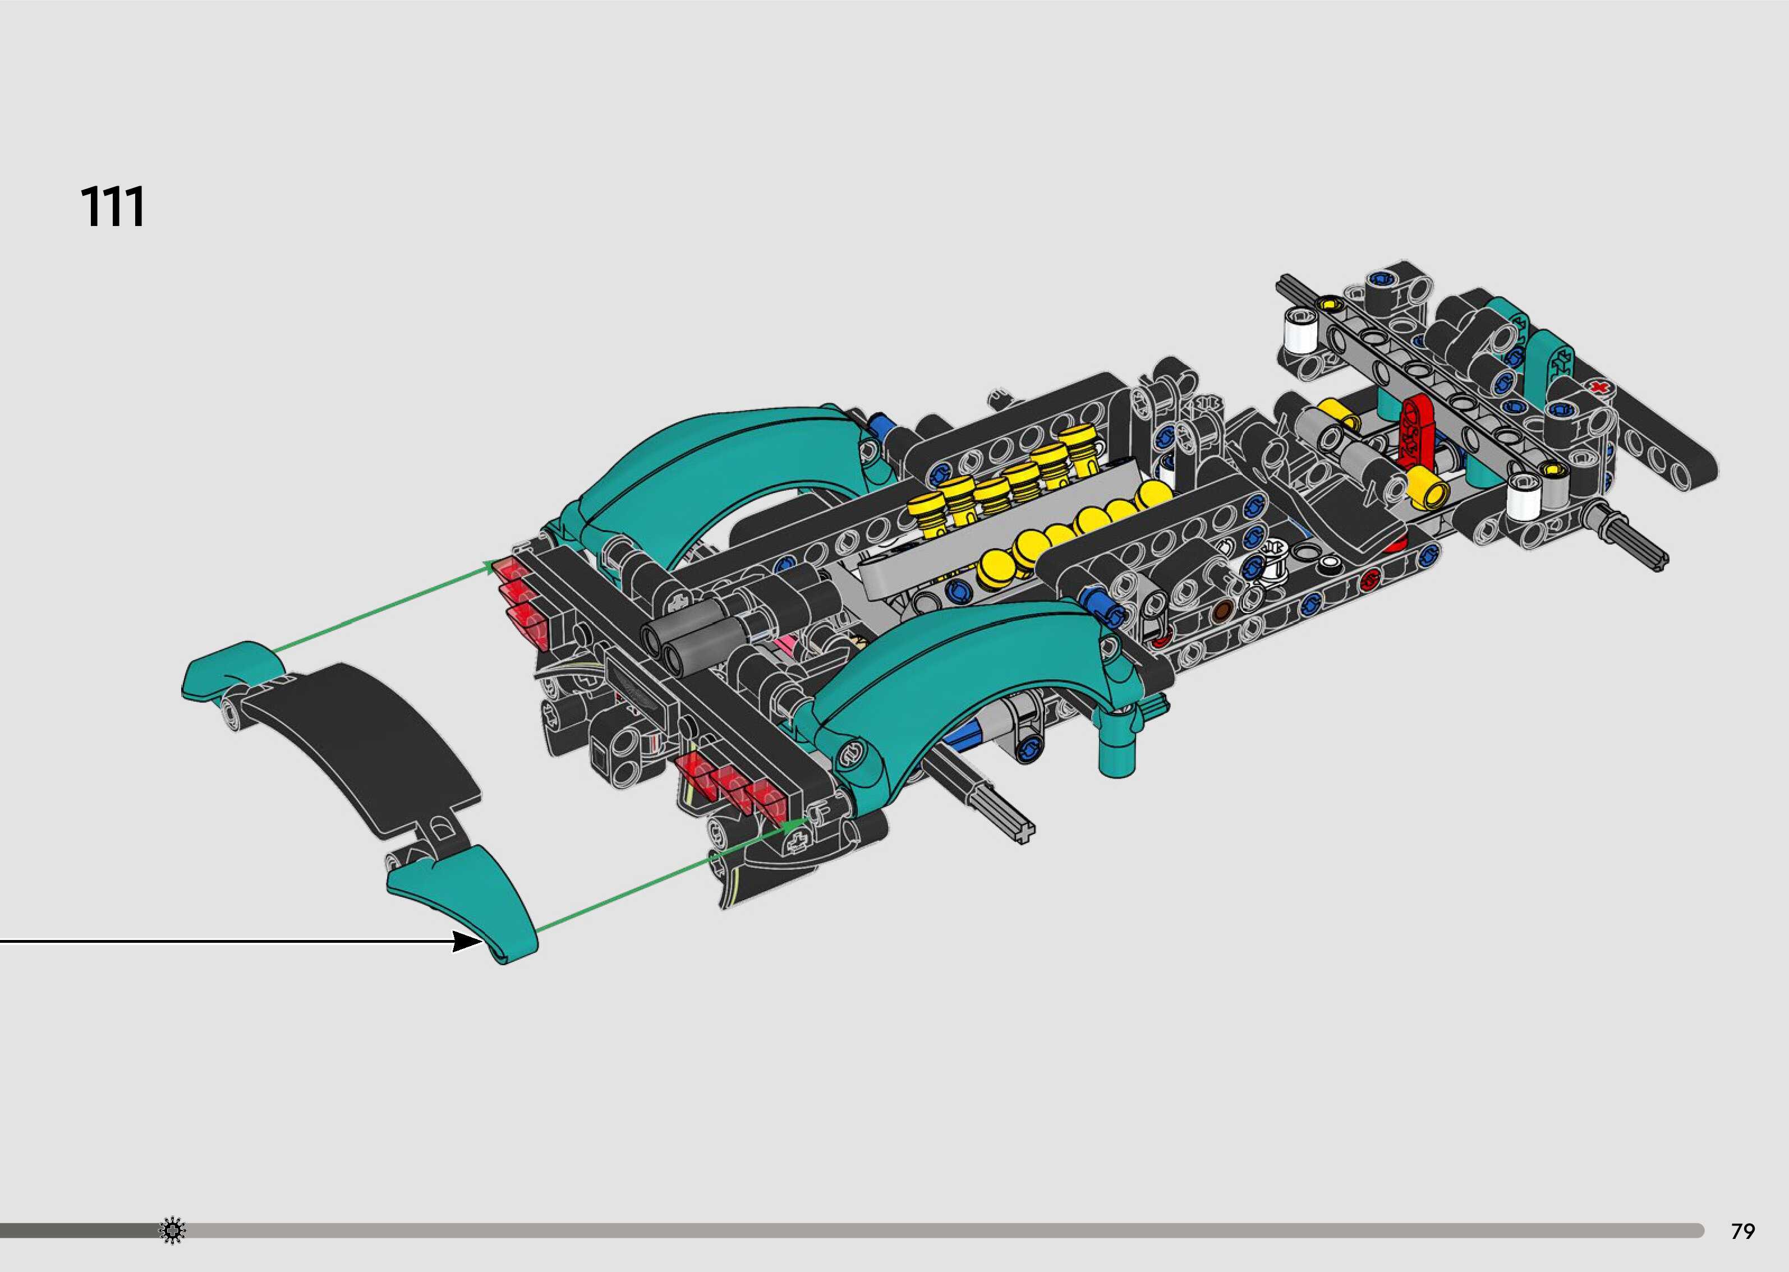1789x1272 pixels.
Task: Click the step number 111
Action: (113, 208)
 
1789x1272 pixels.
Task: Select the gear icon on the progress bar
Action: (172, 1230)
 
